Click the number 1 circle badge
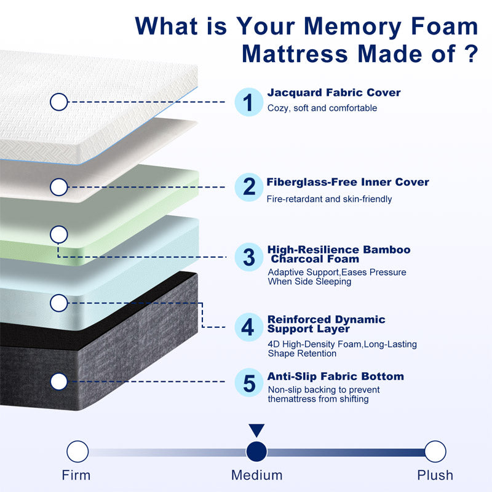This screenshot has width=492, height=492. click(249, 102)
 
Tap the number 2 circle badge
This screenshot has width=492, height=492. click(249, 187)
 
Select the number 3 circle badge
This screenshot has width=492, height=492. click(249, 257)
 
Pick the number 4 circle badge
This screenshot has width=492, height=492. click(249, 327)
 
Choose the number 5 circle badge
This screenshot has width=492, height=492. click(249, 383)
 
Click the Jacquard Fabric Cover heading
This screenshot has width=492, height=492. click(334, 93)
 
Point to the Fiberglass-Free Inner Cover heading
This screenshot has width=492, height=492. click(347, 182)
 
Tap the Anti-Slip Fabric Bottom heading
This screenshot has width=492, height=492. click(335, 376)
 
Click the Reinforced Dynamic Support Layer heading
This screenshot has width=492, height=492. click(327, 324)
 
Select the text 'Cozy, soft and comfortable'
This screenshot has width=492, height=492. click(322, 108)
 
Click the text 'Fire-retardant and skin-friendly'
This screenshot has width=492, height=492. click(329, 199)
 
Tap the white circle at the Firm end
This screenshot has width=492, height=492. click(77, 451)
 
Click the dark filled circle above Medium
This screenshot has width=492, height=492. click(256, 451)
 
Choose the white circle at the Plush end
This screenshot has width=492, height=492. click(435, 451)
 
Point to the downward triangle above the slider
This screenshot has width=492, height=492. click(256, 430)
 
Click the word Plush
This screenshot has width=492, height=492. click(435, 475)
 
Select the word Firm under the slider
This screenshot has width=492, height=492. click(76, 475)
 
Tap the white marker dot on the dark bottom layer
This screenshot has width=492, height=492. click(58, 381)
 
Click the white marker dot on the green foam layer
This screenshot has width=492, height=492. click(58, 234)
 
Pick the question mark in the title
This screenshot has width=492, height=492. click(470, 54)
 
